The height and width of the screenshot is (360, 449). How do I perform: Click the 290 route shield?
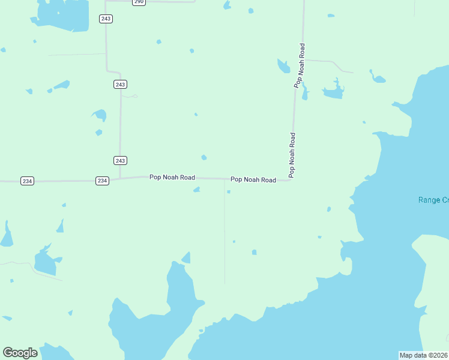tap(139, 2)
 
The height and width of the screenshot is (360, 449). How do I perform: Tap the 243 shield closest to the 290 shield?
tap(106, 19)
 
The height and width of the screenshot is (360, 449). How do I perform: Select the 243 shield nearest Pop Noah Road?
tap(120, 160)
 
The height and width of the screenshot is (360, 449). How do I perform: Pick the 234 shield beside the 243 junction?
tap(102, 181)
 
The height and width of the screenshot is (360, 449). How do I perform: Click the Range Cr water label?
tap(433, 200)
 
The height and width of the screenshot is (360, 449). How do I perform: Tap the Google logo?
tap(20, 353)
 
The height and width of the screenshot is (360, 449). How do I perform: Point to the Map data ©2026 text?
tap(424, 355)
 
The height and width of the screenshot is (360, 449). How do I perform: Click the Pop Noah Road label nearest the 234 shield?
tap(172, 177)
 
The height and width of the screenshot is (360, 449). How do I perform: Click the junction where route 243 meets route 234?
tap(119, 178)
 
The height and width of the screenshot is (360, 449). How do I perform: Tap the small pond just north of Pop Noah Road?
tap(204, 158)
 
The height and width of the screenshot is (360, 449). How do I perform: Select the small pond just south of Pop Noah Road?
tap(196, 190)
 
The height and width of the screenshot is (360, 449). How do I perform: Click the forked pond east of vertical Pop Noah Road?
tap(334, 91)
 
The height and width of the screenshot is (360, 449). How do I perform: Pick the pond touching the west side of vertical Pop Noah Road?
tap(283, 65)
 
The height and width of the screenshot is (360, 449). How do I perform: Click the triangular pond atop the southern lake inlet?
tap(186, 259)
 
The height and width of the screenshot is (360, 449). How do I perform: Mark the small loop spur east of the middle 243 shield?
tap(131, 95)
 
